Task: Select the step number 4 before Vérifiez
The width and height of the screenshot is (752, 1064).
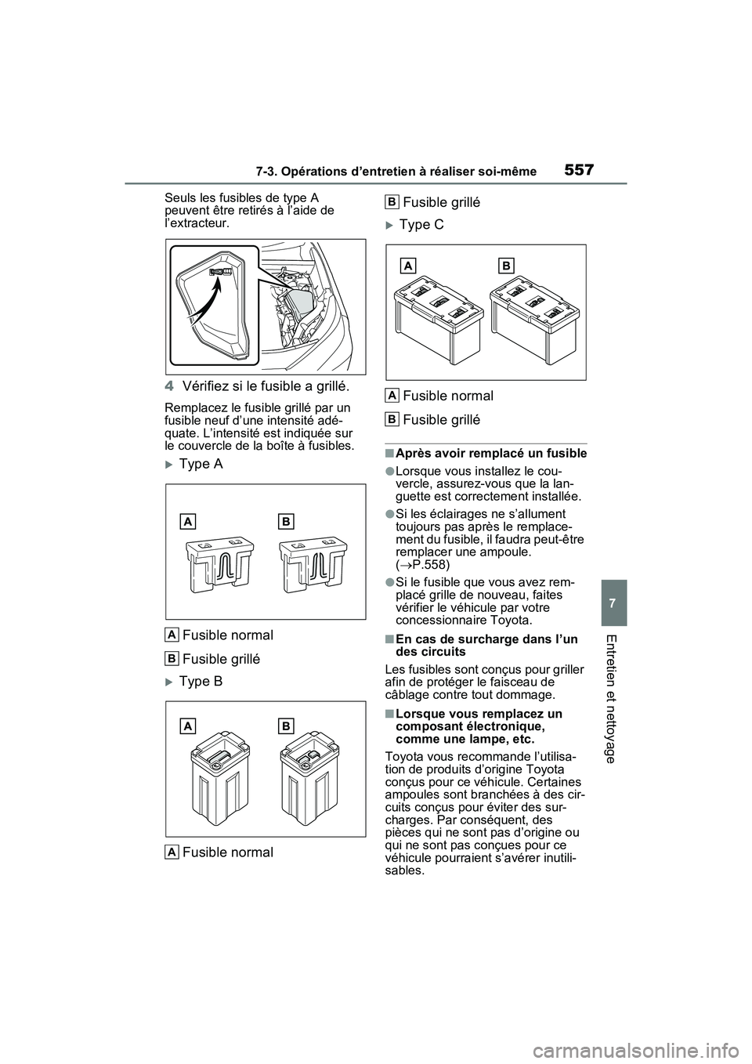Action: tap(172, 385)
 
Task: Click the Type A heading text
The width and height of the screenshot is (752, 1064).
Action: tap(201, 464)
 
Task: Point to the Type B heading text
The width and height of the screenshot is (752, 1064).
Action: tap(201, 682)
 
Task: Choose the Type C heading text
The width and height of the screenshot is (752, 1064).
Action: tap(421, 225)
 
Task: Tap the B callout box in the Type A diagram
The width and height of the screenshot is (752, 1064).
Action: tap(286, 521)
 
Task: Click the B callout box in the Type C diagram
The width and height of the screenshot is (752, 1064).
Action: tap(507, 266)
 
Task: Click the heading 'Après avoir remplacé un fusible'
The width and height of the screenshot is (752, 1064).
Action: tap(491, 454)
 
